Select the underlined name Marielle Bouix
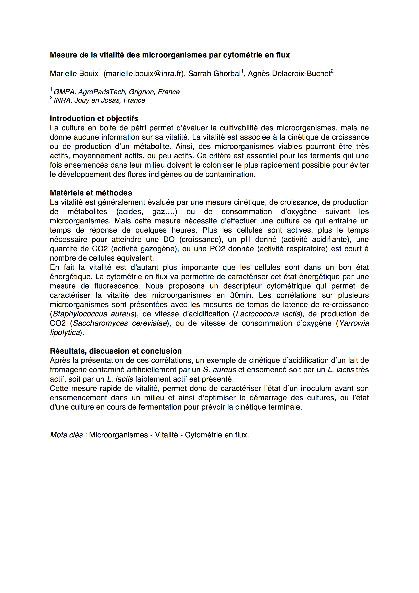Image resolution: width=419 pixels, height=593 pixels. click(74, 74)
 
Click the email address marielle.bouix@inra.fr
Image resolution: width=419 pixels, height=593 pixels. click(143, 74)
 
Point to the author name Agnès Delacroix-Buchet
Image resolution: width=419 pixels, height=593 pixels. click(289, 74)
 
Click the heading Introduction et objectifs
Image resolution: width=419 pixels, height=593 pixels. click(94, 119)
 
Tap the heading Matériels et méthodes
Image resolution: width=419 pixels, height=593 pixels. click(91, 193)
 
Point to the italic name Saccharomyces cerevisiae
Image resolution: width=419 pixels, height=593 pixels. click(120, 323)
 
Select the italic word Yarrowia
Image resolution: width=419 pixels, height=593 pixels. click(354, 323)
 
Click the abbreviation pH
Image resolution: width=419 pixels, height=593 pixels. click(246, 240)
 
